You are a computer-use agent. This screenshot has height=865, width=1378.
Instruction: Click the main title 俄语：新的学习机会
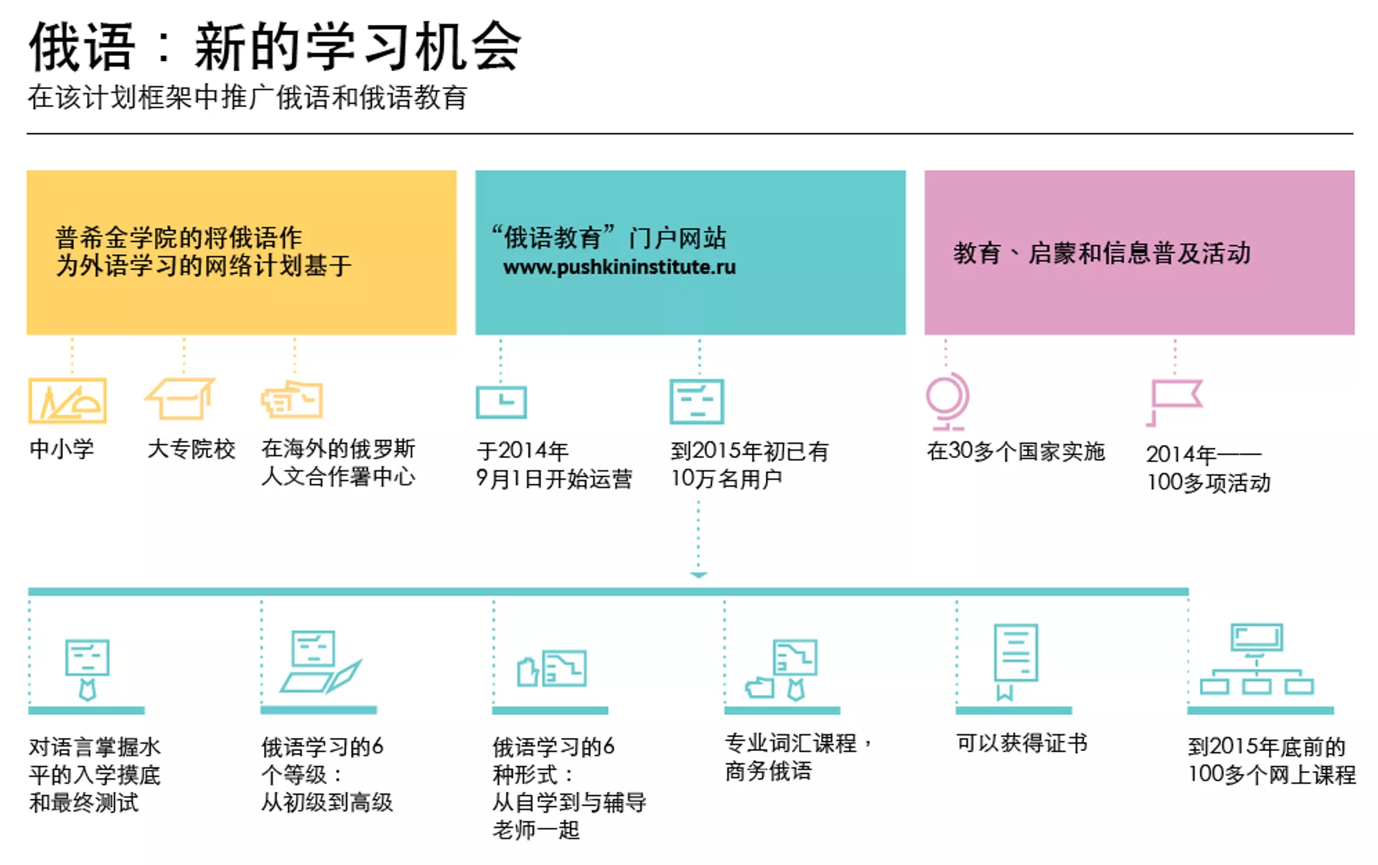coord(275,47)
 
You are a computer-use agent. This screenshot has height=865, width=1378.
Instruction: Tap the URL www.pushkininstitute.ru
coord(619,267)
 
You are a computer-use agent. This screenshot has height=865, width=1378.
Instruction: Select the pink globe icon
coord(947,400)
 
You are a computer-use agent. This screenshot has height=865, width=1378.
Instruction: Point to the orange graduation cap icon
coord(181,398)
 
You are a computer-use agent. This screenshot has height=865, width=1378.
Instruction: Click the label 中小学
coord(62,449)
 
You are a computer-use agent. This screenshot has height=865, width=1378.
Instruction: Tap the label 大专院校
coord(191,449)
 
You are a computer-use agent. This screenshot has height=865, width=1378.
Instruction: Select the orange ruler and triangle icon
coord(67,401)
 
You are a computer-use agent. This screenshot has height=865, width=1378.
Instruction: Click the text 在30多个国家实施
coord(1016,452)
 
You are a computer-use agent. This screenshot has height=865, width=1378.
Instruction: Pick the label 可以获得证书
coord(1021,743)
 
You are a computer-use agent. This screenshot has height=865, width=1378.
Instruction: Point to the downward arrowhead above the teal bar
coord(698,575)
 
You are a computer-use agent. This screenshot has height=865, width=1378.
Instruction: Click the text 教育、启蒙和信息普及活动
coord(1102,253)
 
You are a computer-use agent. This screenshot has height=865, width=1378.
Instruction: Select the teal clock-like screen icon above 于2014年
coord(501,401)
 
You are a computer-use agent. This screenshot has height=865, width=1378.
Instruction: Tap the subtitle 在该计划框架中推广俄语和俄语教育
coord(248,98)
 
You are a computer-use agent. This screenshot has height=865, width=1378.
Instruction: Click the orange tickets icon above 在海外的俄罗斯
coord(292,399)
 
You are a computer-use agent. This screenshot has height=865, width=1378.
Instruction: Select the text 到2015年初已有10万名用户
coord(749,464)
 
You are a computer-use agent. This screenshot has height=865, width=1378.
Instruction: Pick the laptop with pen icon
coord(320,662)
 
